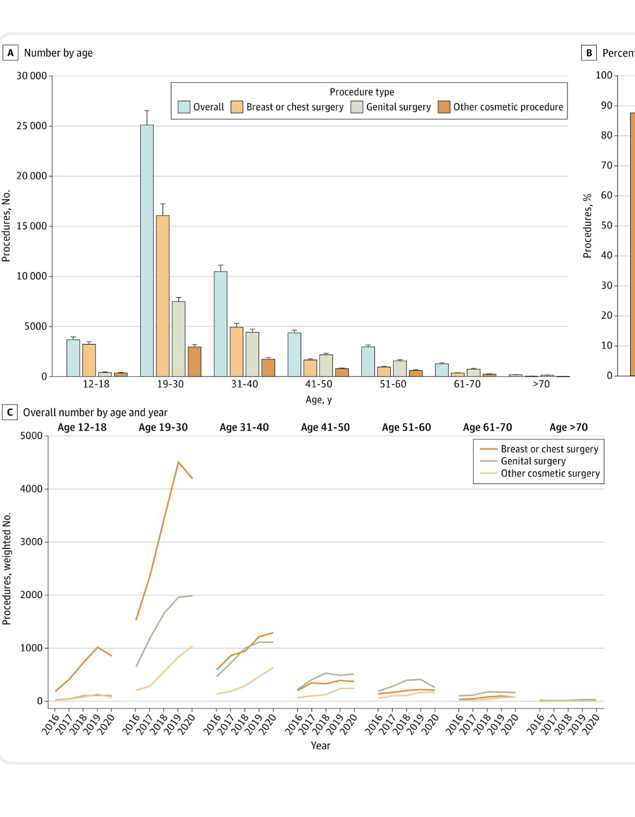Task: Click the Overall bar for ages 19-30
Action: [x=147, y=251]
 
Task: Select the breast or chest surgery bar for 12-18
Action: [x=89, y=360]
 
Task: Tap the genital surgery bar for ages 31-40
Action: [x=252, y=354]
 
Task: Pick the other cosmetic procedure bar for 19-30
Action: [x=194, y=362]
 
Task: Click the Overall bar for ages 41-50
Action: [x=294, y=355]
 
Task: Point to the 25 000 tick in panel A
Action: [x=32, y=126]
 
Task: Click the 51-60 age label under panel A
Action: [x=393, y=384]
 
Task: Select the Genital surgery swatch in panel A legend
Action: [x=356, y=107]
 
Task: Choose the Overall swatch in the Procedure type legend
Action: [x=184, y=107]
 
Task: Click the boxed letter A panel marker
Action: [x=10, y=53]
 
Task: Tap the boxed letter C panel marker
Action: [x=9, y=413]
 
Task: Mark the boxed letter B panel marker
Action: [x=589, y=53]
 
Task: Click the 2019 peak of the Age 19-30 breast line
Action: [x=178, y=462]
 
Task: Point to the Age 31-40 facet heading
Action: [x=244, y=427]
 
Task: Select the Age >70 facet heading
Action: [x=569, y=427]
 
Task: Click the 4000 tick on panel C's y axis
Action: [x=31, y=489]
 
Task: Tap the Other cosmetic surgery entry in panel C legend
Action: [x=550, y=473]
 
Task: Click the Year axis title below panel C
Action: [x=320, y=746]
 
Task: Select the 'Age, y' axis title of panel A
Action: [x=319, y=400]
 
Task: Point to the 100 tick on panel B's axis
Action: [x=604, y=75]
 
